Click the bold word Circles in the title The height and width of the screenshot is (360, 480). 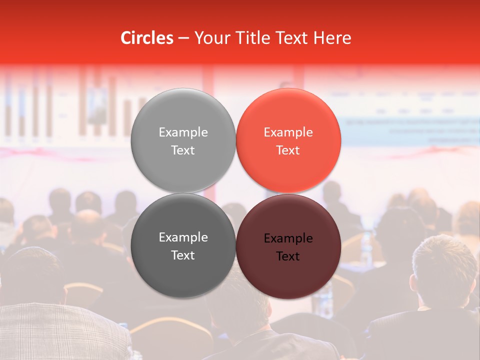coord(146,38)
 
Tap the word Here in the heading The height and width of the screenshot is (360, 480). coord(332,38)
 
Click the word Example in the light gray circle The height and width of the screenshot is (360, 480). coord(183,132)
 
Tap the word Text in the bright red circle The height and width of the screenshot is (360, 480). coord(288,150)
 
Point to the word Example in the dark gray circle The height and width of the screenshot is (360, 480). coord(183,237)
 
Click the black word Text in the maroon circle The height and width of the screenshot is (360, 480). coord(288,256)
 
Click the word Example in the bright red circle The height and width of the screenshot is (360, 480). coord(288,132)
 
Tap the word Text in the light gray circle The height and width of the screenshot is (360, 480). coord(183,150)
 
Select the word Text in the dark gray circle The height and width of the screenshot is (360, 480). coord(183,255)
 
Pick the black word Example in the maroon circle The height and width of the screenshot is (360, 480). coord(288,238)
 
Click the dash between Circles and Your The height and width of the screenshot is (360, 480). coord(183,38)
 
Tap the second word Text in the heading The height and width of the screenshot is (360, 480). coord(290,38)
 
